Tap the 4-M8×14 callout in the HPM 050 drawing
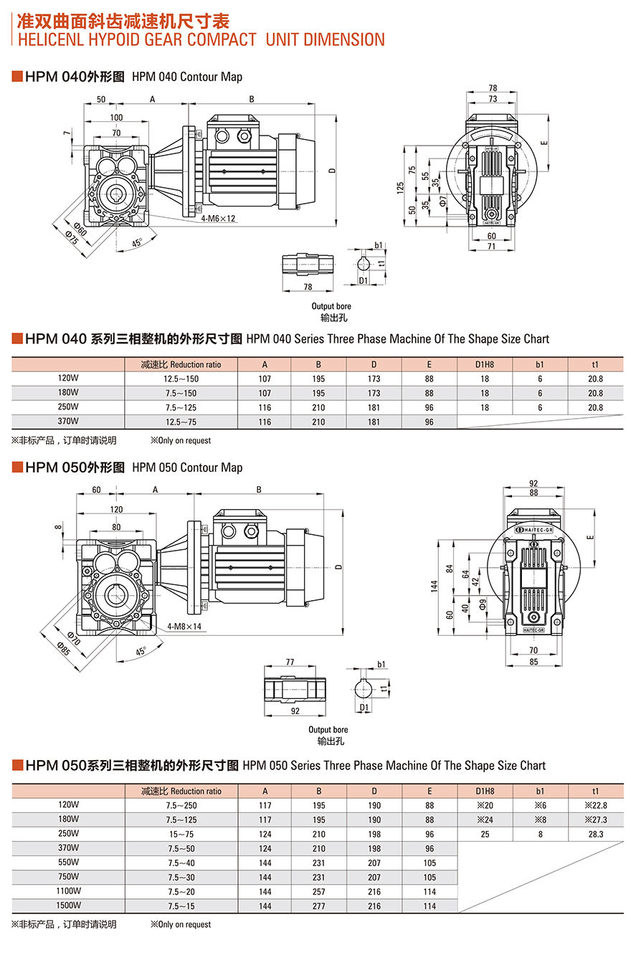(x=184, y=626)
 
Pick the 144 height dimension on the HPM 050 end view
(x=435, y=586)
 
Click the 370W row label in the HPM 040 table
(x=68, y=422)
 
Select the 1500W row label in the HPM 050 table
(x=68, y=906)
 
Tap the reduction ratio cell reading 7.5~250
(x=181, y=805)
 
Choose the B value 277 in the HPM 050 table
(x=319, y=906)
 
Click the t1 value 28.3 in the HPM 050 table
(x=595, y=834)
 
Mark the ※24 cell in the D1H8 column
(x=485, y=819)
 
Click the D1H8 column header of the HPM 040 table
(x=485, y=364)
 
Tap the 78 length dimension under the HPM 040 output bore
(x=308, y=287)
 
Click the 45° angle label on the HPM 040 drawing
(x=136, y=242)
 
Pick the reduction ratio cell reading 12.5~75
(x=181, y=422)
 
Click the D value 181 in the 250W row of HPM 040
(x=374, y=407)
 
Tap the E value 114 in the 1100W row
(x=430, y=891)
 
